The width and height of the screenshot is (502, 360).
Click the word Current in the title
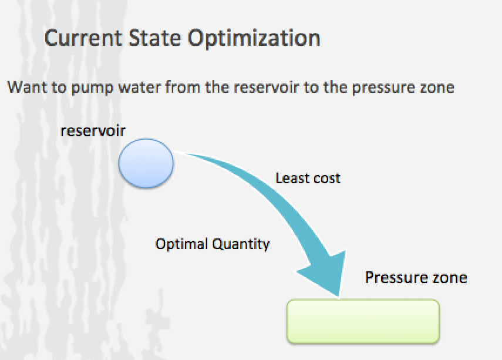tap(83, 38)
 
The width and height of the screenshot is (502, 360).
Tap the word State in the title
tap(155, 38)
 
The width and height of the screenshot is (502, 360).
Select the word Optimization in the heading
tap(254, 38)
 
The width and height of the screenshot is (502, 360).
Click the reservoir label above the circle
tap(93, 131)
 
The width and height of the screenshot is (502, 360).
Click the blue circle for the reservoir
tap(146, 163)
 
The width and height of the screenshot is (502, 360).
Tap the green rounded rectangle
tap(363, 322)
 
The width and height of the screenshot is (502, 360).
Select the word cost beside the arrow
tap(326, 179)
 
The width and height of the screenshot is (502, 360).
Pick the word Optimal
tap(181, 244)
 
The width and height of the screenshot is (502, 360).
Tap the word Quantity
tap(241, 245)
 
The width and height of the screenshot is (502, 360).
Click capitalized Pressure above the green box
tap(396, 277)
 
